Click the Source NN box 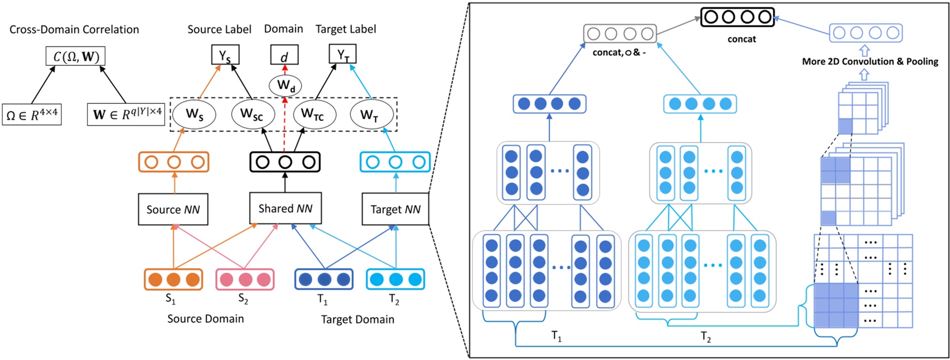tap(173, 210)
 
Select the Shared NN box tap(285, 208)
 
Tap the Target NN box tap(395, 210)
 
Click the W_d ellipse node tap(285, 86)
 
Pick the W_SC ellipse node tap(253, 114)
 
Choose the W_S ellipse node tap(195, 114)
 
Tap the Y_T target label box tap(343, 55)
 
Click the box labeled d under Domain tap(284, 56)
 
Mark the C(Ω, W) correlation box tap(76, 56)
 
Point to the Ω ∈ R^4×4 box tap(32, 115)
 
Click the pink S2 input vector tap(245, 279)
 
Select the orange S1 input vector tap(173, 279)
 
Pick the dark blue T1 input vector tap(324, 279)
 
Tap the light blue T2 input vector tap(395, 279)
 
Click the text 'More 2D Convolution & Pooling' tap(870, 61)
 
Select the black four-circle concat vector tap(737, 17)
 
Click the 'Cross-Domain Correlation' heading tap(74, 30)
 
